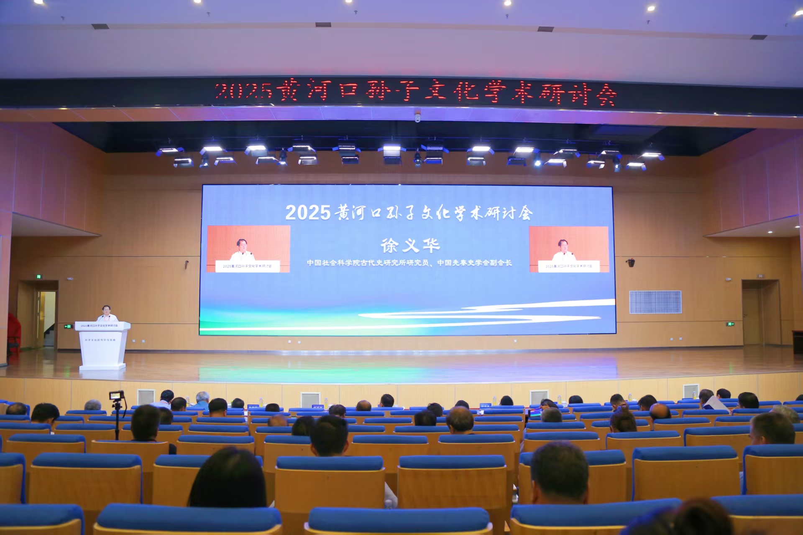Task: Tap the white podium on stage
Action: point(102,346)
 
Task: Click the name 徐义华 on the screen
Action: point(410,245)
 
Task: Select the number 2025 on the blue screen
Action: point(308,213)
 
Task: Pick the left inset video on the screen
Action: point(248,249)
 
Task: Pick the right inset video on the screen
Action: point(569,250)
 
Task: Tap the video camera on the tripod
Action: point(117,395)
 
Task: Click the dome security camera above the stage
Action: point(417,119)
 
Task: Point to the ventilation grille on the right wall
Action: point(655,302)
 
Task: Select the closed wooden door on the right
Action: point(752,316)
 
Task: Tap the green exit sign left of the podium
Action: point(68,326)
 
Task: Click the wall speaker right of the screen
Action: point(631,262)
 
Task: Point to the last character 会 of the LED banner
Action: point(606,96)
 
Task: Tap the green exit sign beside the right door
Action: point(730,324)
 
